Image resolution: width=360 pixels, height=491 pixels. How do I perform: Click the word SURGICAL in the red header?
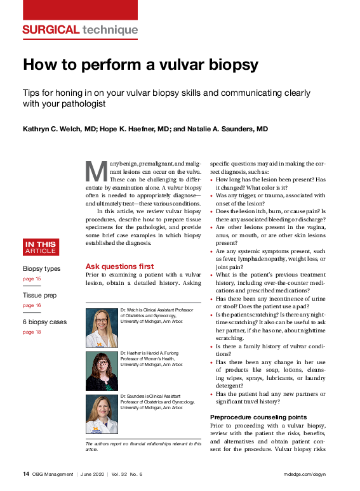[50, 30]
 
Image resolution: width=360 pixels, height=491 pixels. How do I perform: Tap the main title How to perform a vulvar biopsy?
[140, 65]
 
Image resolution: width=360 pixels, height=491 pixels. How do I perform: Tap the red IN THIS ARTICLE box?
[40, 247]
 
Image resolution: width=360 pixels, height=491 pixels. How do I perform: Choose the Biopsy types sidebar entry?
[41, 268]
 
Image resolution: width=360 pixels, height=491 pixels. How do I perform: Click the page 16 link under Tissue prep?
[32, 305]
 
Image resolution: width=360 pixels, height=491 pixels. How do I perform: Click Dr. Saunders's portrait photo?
[102, 415]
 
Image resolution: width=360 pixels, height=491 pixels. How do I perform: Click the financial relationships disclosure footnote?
[143, 446]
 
